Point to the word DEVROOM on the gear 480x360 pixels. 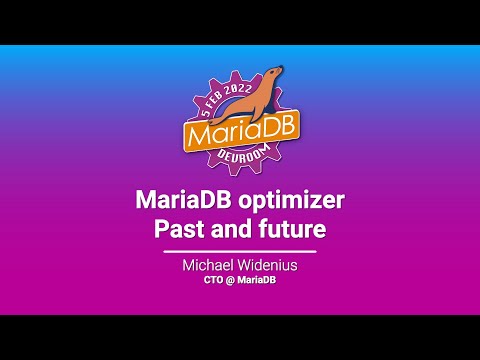pos(241,158)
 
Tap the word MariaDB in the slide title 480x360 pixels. pos(183,199)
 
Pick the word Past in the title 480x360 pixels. pos(177,227)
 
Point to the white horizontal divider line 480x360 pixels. pos(240,251)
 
